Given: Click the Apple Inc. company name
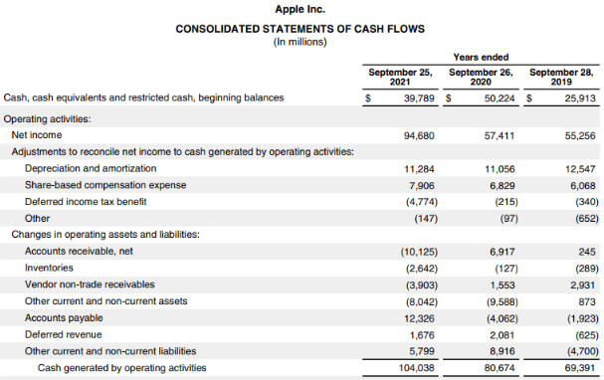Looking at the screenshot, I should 302,9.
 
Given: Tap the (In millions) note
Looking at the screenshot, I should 302,42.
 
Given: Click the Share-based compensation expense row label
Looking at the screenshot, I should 104,185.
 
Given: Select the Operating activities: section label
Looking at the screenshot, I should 48,118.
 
